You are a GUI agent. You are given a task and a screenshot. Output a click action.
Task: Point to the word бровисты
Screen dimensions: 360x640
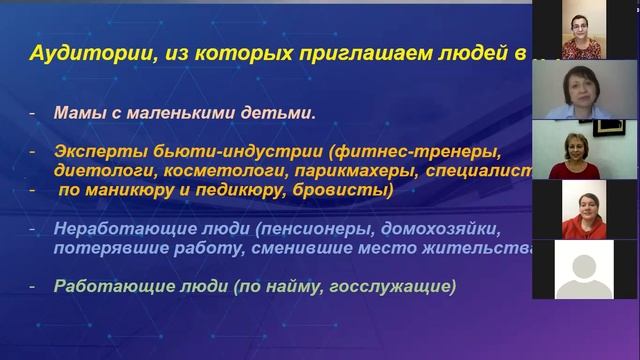[352, 189]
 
